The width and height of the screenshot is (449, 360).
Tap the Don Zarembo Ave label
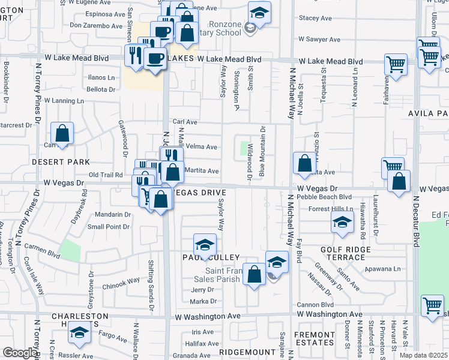(96, 25)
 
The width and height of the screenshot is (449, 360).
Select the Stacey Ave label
(316, 19)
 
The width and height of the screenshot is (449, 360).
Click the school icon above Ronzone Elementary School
(259, 11)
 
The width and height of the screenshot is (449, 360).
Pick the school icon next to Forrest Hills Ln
(342, 223)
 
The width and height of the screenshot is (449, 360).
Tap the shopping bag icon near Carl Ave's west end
(62, 133)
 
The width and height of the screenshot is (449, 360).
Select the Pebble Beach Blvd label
(327, 196)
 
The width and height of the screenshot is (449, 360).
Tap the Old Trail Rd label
(106, 175)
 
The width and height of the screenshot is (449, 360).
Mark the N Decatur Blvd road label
(415, 219)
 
